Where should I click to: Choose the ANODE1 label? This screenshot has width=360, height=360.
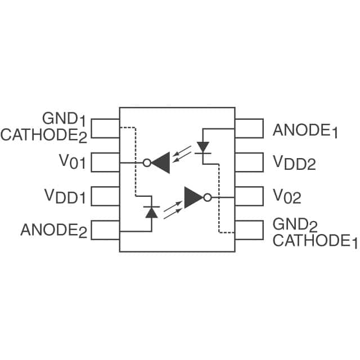pyautogui.click(x=305, y=130)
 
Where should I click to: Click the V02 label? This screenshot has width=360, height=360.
pyautogui.click(x=287, y=196)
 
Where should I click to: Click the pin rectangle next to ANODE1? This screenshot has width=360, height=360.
pyautogui.click(x=249, y=129)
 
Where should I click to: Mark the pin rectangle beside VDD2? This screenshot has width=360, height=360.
pyautogui.click(x=249, y=163)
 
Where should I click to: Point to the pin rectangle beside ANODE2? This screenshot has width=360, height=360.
pyautogui.click(x=105, y=229)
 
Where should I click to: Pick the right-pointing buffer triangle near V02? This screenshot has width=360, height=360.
pyautogui.click(x=193, y=197)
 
